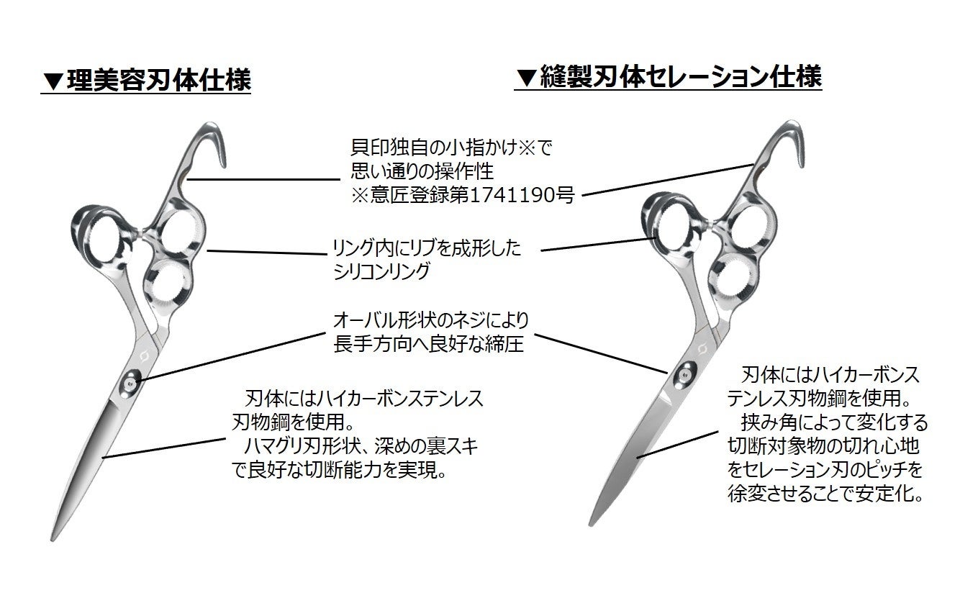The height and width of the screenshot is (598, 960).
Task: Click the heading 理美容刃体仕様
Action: click(x=158, y=80)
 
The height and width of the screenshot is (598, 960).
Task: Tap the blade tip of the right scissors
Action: click(x=591, y=524)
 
